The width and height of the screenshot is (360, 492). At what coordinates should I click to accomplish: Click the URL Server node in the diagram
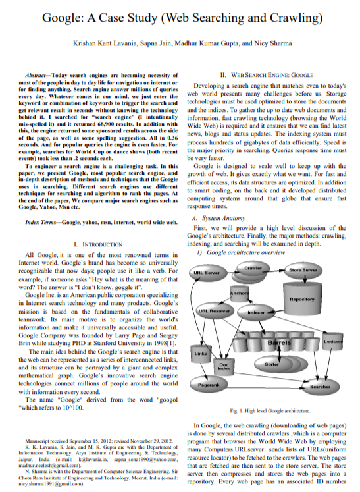tap(206, 273)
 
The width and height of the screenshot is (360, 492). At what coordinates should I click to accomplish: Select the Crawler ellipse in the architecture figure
tap(253, 269)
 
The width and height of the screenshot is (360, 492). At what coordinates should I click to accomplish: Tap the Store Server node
tap(303, 270)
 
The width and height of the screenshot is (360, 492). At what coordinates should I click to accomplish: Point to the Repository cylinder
tap(302, 298)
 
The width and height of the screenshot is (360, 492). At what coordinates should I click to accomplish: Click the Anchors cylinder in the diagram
tap(240, 293)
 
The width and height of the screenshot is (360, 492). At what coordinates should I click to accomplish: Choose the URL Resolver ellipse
tap(214, 311)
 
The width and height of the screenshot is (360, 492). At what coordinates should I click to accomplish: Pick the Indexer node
tap(256, 312)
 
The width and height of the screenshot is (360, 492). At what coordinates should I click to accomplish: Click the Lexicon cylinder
tap(333, 341)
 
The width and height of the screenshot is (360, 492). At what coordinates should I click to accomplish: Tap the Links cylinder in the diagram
tap(201, 354)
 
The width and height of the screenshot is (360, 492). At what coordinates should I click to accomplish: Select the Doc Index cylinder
tap(224, 366)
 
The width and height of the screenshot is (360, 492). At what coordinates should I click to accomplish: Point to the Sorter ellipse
tap(272, 364)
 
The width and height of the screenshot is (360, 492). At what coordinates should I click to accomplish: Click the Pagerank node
tap(209, 385)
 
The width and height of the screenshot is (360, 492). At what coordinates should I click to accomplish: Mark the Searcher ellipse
tap(320, 387)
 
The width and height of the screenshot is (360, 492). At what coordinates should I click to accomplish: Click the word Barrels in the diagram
tap(279, 342)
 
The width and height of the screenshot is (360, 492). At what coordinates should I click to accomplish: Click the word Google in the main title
tap(61, 18)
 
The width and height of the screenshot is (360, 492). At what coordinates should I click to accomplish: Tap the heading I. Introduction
tap(98, 244)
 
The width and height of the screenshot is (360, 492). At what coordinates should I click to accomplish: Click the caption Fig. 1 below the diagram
tap(270, 410)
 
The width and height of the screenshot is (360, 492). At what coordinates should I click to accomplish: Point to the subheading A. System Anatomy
tap(219, 218)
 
